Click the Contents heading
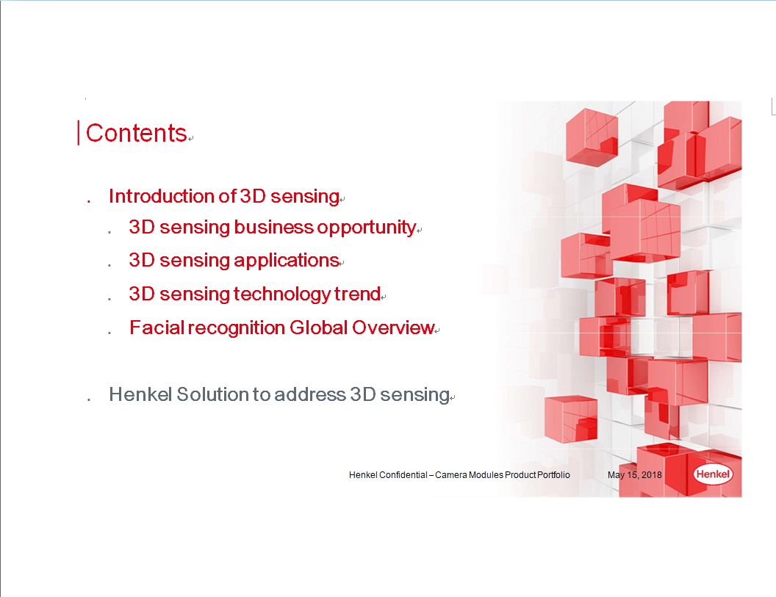pos(136,133)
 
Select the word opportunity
pos(366,228)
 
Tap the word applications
pos(286,261)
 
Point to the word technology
pos(282,294)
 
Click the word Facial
pos(157,328)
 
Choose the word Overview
pos(393,328)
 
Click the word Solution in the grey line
pos(212,394)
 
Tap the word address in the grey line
pos(310,394)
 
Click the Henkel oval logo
pos(713,474)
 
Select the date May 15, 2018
pos(634,475)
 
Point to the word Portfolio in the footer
pos(553,475)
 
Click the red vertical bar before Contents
pos(78,133)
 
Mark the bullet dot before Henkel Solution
pos(89,399)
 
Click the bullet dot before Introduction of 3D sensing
pos(89,200)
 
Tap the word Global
pos(319,328)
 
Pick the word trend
pos(357,294)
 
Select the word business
pos(273,228)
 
